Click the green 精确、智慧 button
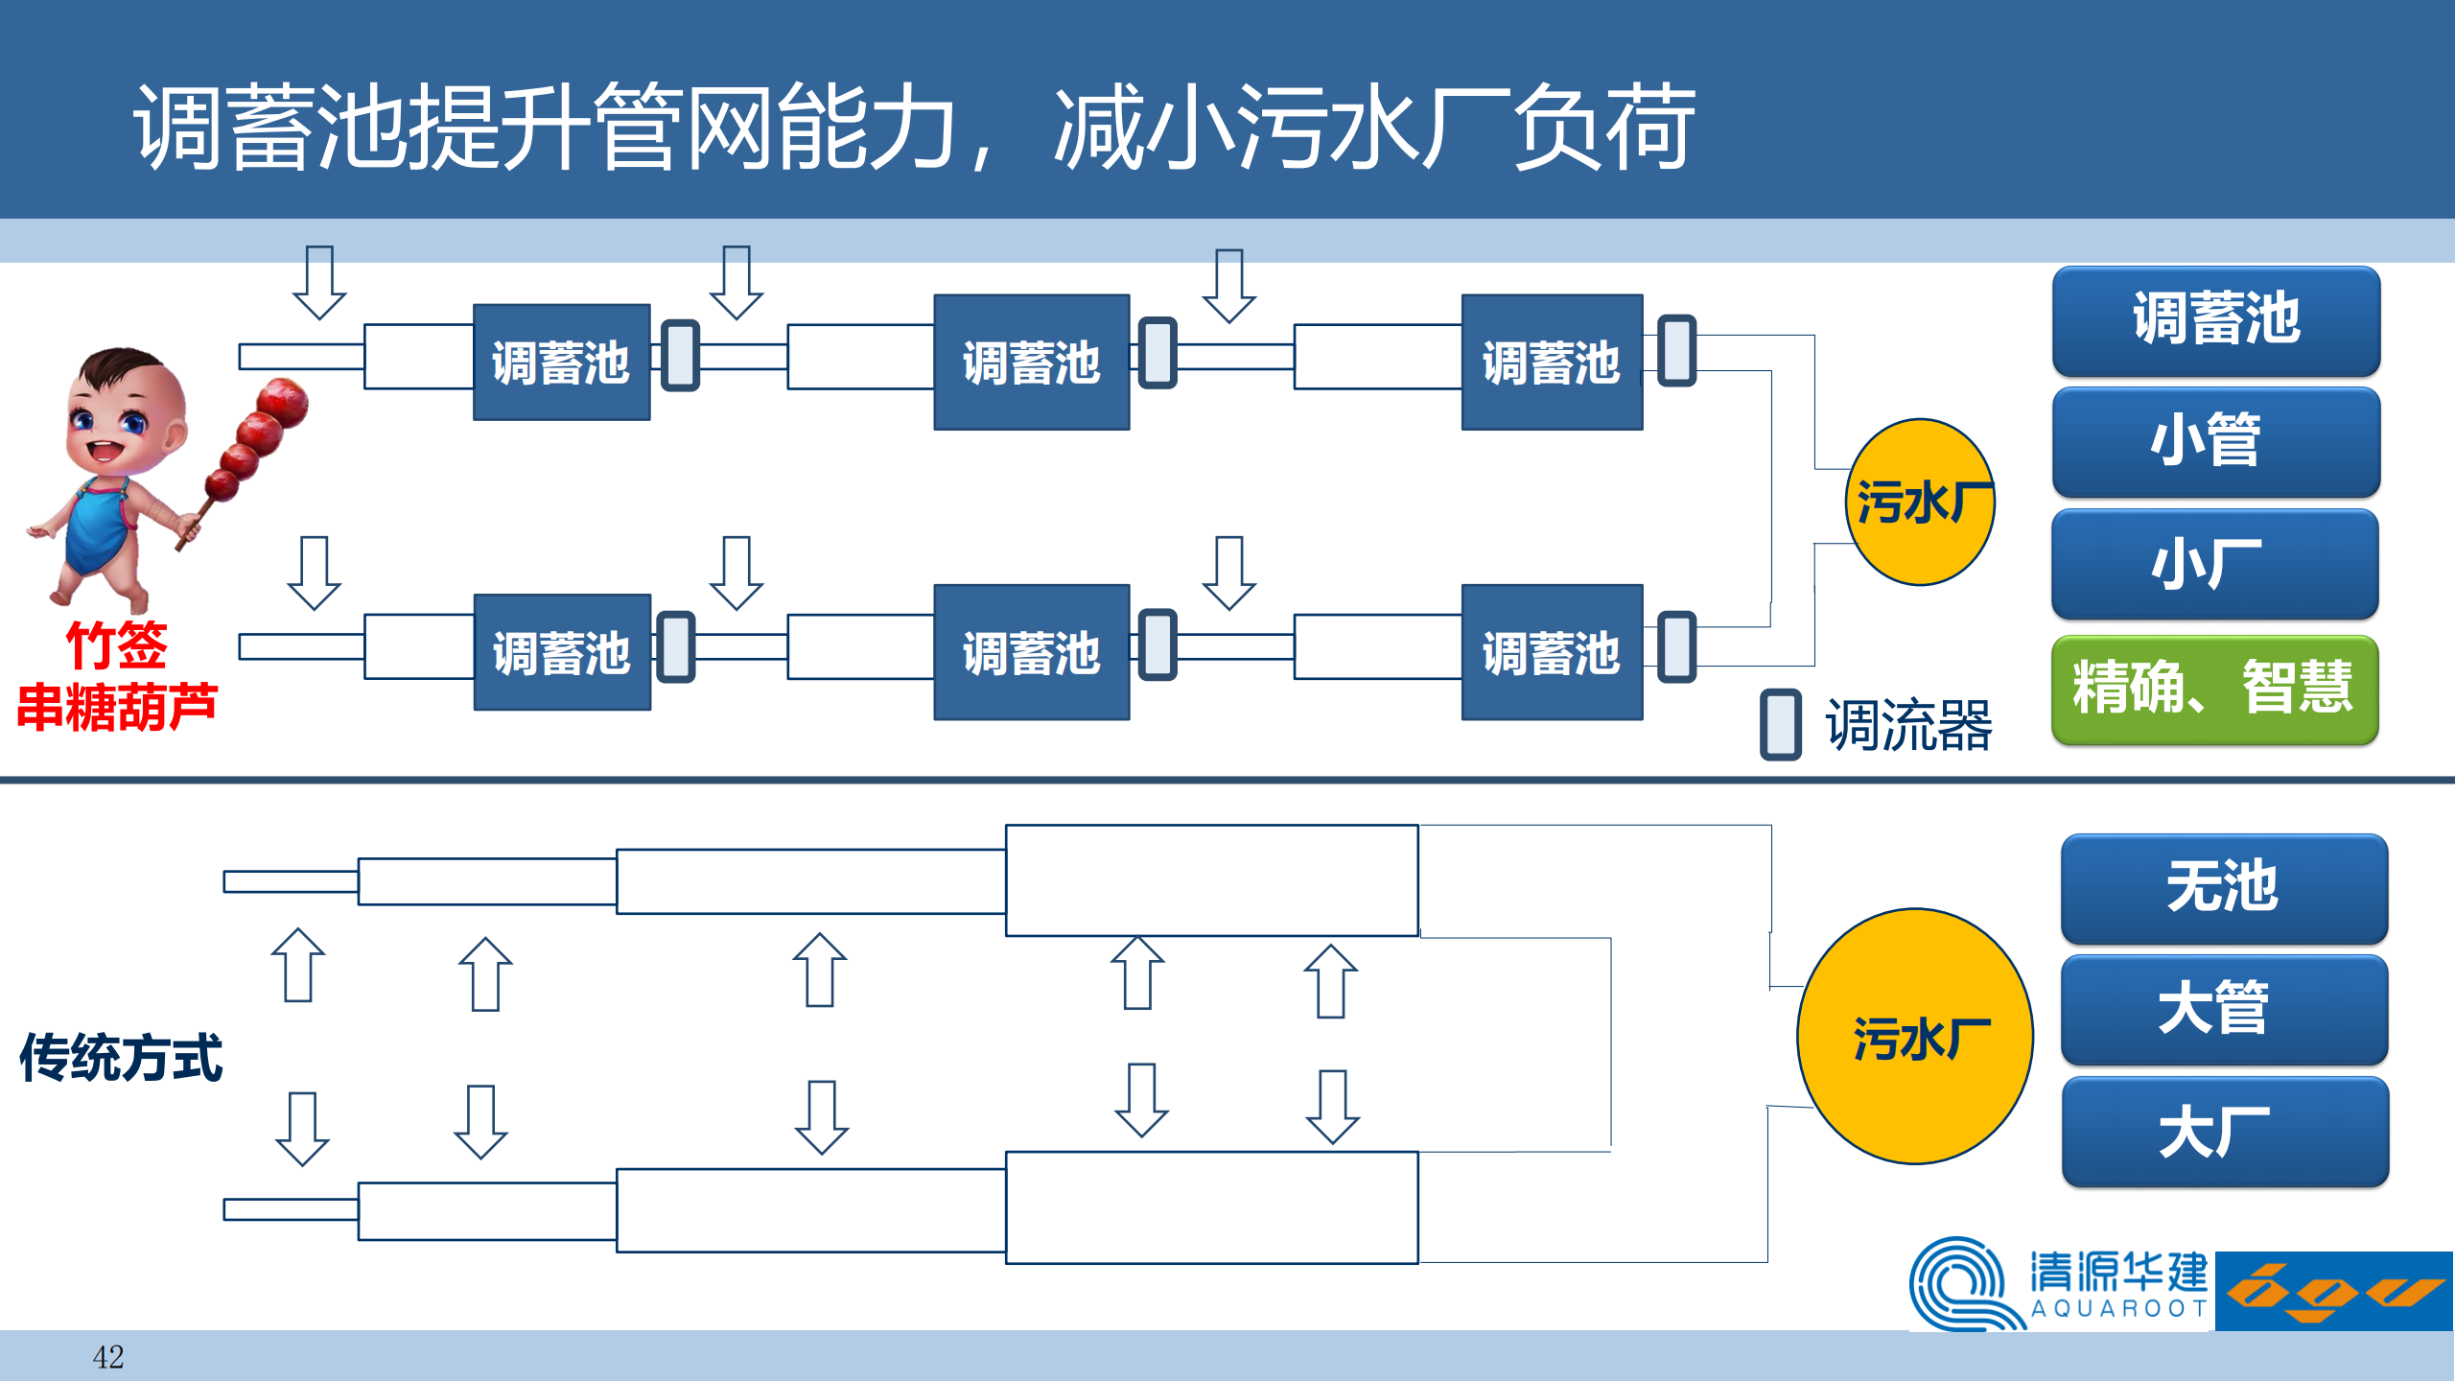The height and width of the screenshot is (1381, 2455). pos(2213,689)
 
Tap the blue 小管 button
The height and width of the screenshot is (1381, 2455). pos(2215,440)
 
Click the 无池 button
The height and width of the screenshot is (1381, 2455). pos(2223,887)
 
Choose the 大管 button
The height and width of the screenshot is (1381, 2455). pos(2223,1009)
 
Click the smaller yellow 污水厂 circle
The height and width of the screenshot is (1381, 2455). pos(1920,502)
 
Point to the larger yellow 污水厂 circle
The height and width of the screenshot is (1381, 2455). pos(1914,1036)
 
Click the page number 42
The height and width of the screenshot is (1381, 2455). pos(107,1357)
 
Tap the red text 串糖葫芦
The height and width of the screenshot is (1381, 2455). pos(117,708)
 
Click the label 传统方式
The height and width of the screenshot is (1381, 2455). pos(121,1058)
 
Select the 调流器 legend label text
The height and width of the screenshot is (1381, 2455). pos(1908,725)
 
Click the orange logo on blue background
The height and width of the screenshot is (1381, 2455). pos(2334,1291)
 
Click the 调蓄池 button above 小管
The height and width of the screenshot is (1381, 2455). pos(2215,319)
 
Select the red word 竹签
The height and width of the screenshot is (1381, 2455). pos(116,644)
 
